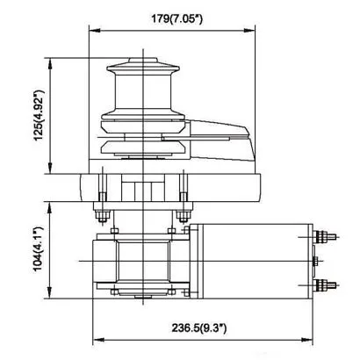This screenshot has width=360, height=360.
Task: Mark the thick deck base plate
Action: point(171,185)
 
